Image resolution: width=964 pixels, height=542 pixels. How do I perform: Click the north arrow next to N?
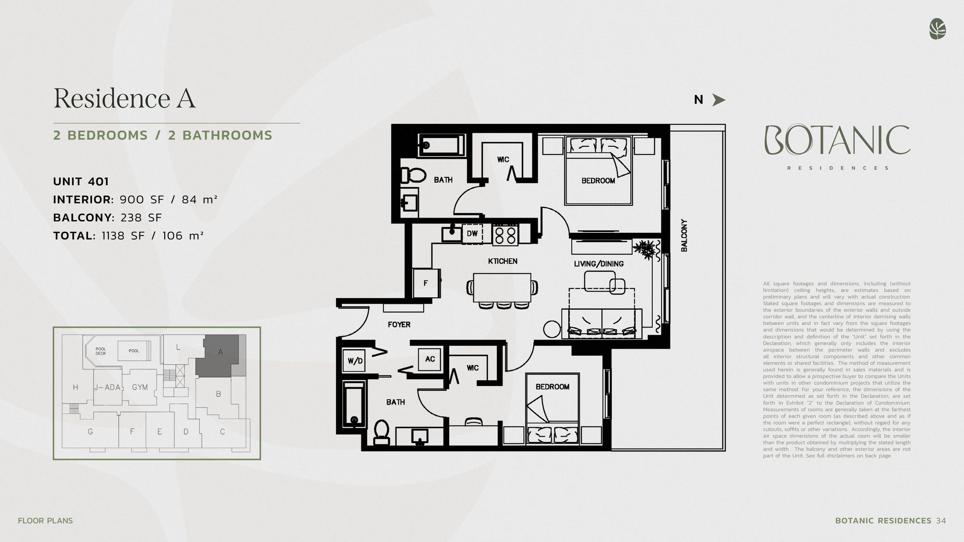click(718, 100)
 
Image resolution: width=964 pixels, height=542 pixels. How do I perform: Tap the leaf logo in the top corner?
click(937, 29)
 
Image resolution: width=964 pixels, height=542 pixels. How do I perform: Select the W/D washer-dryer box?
click(354, 361)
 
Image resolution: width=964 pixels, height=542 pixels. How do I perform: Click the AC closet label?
click(430, 359)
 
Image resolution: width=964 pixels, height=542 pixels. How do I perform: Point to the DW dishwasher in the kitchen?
click(472, 234)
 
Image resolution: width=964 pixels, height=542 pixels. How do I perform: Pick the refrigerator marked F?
click(426, 283)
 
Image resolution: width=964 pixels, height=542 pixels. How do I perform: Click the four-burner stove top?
click(505, 234)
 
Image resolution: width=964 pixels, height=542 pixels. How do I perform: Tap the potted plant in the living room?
click(646, 250)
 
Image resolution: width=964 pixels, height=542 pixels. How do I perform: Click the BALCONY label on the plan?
click(684, 236)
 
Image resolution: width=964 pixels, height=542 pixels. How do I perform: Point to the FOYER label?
click(399, 325)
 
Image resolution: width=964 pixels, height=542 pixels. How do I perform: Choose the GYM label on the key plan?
click(140, 387)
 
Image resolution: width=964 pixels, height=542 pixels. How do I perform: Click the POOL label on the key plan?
click(134, 351)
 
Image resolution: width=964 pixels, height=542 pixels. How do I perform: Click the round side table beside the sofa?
click(552, 329)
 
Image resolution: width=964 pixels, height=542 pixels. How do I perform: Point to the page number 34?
click(941, 521)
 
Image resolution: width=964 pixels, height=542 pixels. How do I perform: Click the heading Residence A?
click(124, 98)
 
